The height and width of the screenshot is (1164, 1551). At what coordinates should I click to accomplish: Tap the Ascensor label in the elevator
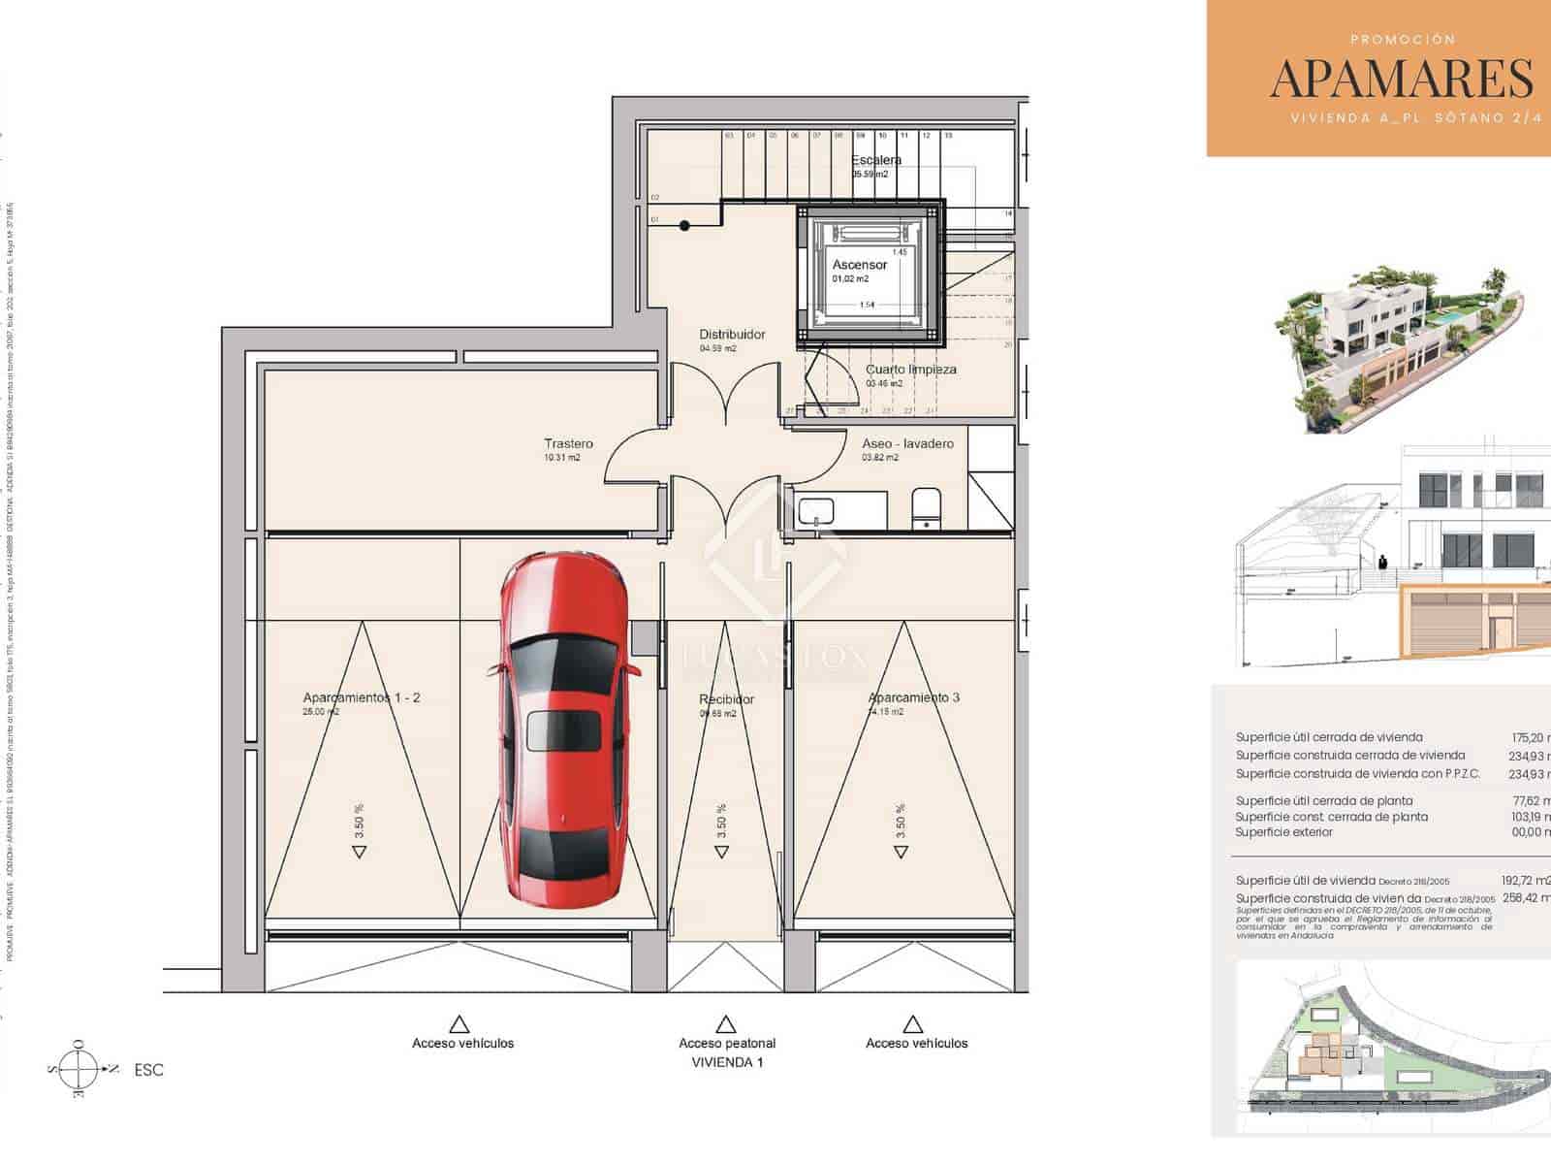tap(859, 265)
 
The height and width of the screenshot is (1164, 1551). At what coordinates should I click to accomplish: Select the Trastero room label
tap(568, 444)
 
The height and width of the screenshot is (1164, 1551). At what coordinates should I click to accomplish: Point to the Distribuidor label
tap(732, 335)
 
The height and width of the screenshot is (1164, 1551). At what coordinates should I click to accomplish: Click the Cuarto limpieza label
tap(910, 370)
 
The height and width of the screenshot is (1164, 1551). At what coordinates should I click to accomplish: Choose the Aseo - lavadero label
tap(907, 444)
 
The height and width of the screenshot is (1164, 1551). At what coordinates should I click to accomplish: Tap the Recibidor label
tap(726, 699)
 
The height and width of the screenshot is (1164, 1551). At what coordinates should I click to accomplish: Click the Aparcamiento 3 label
tap(913, 697)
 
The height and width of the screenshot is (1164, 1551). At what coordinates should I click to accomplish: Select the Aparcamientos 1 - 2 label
tap(362, 697)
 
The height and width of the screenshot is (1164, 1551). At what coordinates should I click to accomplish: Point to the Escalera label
tap(876, 160)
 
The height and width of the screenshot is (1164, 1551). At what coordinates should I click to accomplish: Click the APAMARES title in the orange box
tap(1402, 80)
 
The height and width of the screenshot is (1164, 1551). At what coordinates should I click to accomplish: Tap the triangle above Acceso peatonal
tap(725, 1024)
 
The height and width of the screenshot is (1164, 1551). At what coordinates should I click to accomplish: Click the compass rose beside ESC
tap(79, 1069)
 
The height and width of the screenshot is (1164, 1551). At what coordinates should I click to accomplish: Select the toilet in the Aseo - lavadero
tap(926, 508)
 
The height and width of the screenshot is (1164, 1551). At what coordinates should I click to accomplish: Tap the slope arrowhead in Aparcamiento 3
tap(901, 852)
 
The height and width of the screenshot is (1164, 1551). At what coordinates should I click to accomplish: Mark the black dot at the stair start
tap(684, 226)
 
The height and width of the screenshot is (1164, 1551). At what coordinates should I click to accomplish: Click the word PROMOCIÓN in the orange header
tap(1403, 40)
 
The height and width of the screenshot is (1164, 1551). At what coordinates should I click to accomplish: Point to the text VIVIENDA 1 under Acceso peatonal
tap(727, 1062)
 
